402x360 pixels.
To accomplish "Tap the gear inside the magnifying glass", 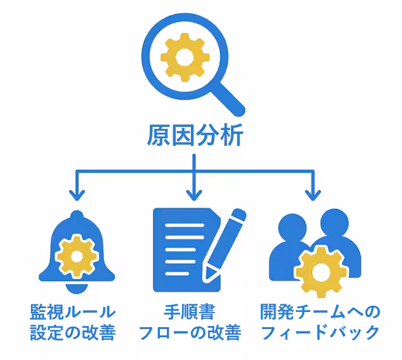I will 185,58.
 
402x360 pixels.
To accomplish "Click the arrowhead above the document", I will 193,193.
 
